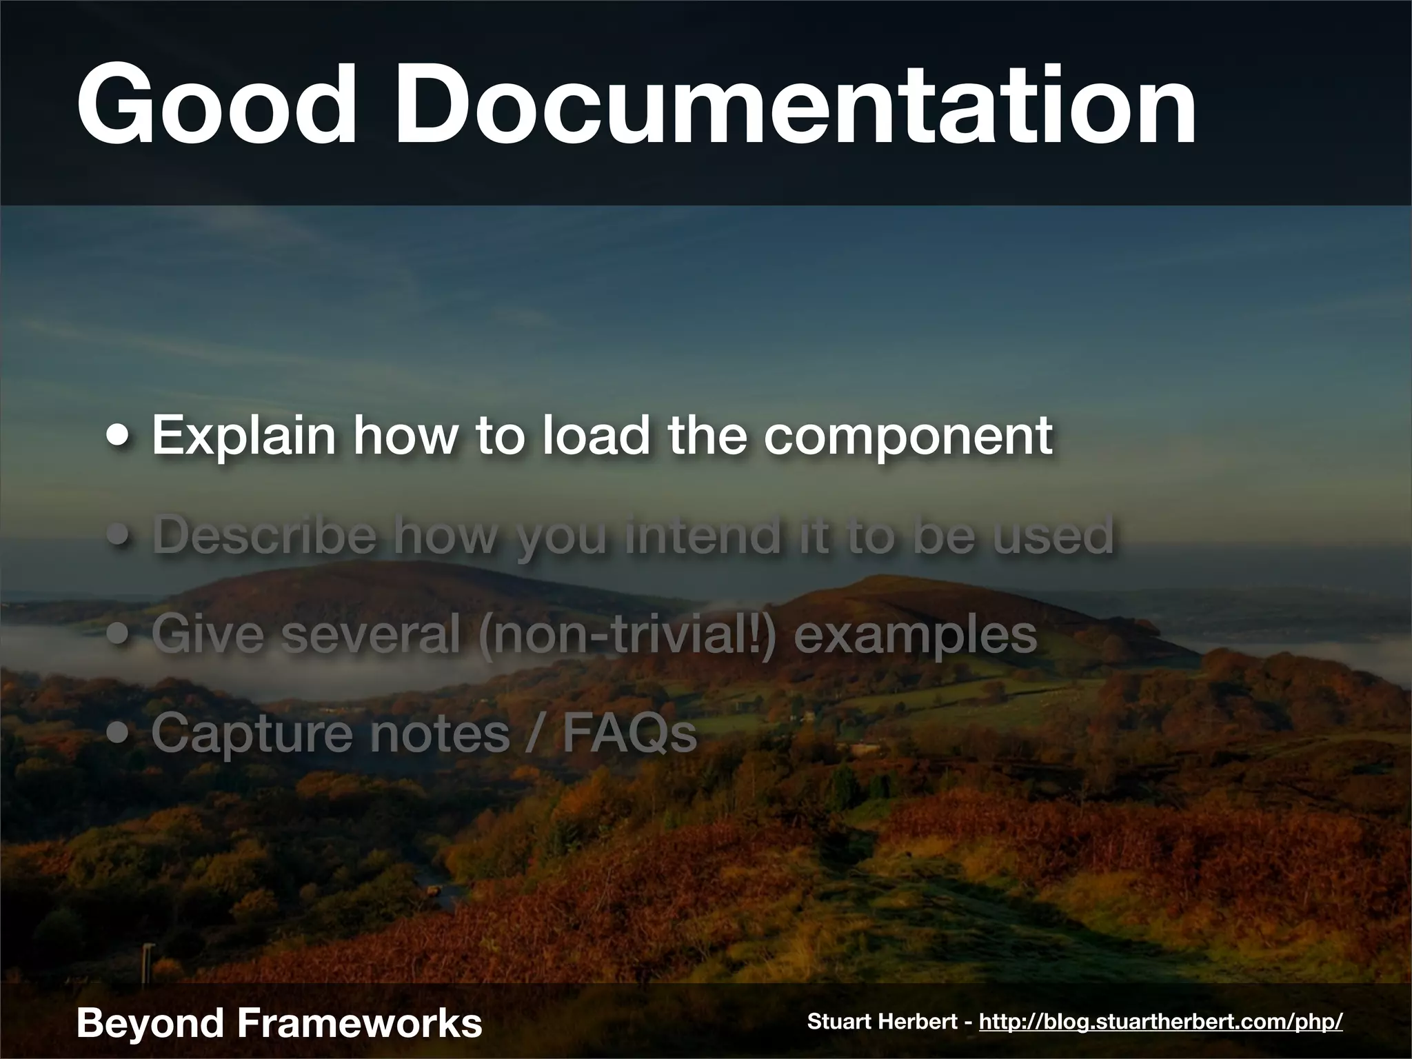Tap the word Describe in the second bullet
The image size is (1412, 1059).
click(265, 535)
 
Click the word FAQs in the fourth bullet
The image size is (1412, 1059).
click(629, 734)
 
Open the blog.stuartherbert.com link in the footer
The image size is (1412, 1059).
click(1160, 1022)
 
